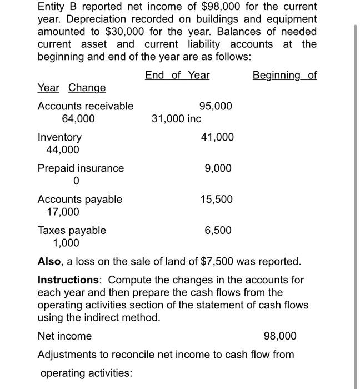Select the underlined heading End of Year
point(177,75)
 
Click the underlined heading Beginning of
point(284,75)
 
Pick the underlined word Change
point(87,88)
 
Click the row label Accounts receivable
point(85,106)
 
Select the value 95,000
point(216,106)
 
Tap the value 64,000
point(78,119)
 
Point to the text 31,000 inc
point(176,119)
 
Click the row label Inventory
point(59,137)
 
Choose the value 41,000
point(217,137)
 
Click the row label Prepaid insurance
point(81,168)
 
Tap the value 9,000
point(218,168)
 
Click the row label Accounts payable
point(79,199)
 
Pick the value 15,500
point(217,199)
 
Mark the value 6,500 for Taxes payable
point(218,230)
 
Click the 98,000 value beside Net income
point(279,336)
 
